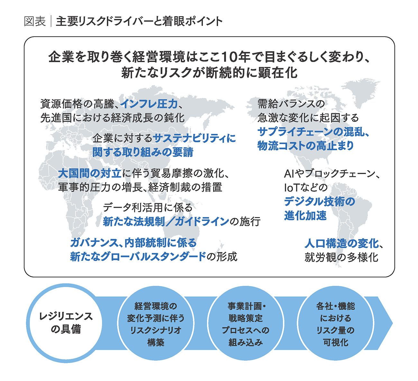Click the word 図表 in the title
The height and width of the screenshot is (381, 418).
point(35,22)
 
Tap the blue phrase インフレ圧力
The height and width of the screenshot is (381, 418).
point(149,104)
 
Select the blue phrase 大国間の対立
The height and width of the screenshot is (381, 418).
point(90,173)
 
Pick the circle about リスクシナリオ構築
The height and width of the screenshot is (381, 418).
point(156,323)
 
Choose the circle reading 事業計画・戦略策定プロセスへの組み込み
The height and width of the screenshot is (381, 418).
point(245,323)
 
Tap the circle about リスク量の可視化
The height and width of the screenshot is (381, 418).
point(335,323)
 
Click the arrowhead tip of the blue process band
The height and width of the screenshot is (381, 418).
point(393,323)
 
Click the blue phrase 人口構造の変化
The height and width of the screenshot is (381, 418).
point(341,243)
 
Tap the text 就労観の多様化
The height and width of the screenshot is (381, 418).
point(341,257)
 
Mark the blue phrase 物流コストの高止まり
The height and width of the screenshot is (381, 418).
point(305,145)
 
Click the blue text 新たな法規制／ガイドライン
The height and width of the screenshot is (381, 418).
point(166,221)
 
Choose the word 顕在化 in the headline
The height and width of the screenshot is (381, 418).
point(277,73)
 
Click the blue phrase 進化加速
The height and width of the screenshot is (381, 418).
point(305,215)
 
